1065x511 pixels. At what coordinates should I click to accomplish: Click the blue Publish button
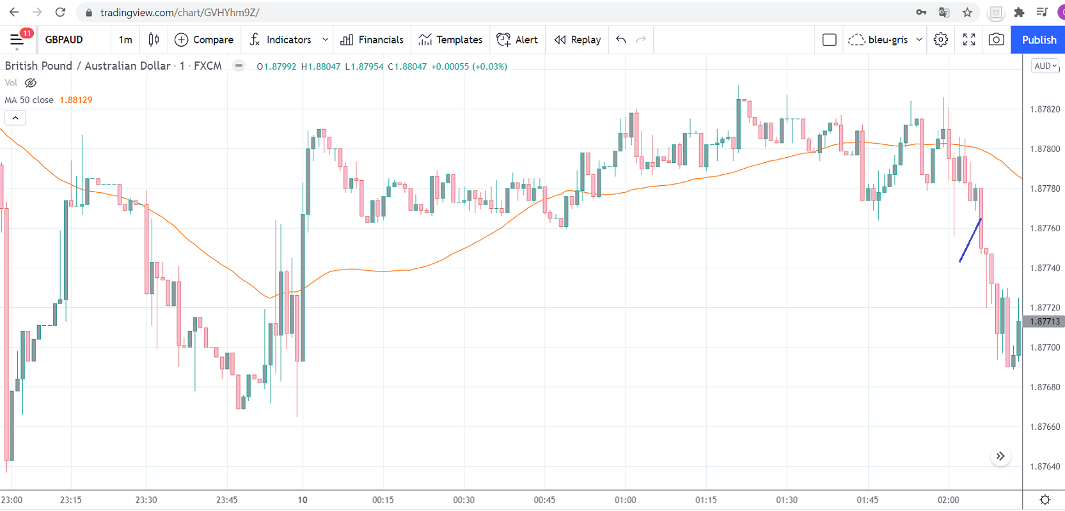(1038, 40)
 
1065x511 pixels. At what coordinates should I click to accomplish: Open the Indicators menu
(281, 40)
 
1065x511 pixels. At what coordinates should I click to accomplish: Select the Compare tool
(204, 40)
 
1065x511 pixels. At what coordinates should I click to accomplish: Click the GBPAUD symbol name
(64, 40)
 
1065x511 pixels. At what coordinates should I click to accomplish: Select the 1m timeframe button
(125, 40)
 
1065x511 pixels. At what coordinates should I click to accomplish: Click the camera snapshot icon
(996, 40)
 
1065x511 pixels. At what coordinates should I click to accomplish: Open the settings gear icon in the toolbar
(940, 40)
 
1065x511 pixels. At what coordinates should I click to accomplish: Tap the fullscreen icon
(969, 40)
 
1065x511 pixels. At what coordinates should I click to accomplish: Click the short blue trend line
(970, 241)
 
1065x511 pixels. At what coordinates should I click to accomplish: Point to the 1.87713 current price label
(1045, 321)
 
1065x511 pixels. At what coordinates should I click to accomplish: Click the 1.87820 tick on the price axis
(1045, 109)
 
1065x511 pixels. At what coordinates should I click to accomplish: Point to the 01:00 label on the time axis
(625, 500)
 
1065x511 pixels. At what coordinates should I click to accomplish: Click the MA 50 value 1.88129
(75, 100)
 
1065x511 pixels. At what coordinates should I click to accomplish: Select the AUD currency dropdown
(1045, 66)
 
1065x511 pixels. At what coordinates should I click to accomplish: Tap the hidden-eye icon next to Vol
(30, 83)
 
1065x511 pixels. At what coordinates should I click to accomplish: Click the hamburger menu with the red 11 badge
(17, 40)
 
